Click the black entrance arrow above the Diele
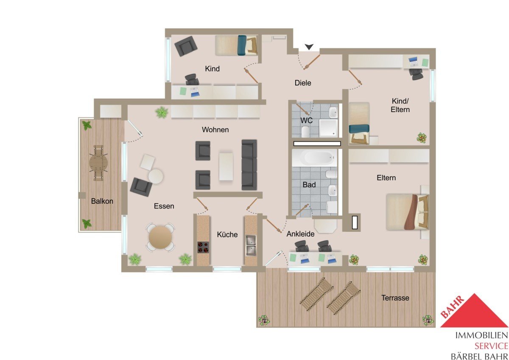click(x=309, y=47)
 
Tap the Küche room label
click(x=227, y=234)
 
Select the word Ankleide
click(x=300, y=234)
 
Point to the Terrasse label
click(x=395, y=298)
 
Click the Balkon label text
click(x=102, y=201)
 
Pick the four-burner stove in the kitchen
click(x=203, y=247)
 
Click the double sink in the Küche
click(x=251, y=246)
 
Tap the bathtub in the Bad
click(x=314, y=157)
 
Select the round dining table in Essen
click(x=160, y=237)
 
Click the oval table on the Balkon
click(x=98, y=163)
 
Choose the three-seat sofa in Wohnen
click(x=249, y=165)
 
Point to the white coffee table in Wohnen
click(x=226, y=167)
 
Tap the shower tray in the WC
click(x=328, y=128)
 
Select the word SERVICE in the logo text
click(x=491, y=346)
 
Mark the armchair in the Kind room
click(x=186, y=46)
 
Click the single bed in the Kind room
click(x=236, y=45)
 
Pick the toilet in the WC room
click(x=305, y=132)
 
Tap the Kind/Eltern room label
click(x=400, y=105)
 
